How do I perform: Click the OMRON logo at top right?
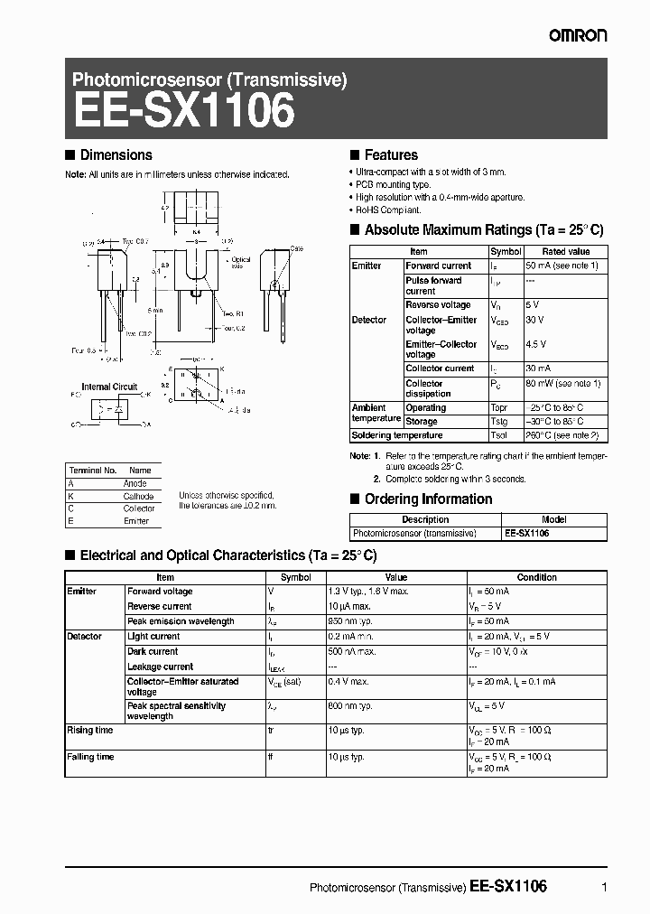pos(578,34)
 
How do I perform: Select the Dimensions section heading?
pos(116,155)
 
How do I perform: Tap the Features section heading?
pos(390,155)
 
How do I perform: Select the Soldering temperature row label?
pos(397,435)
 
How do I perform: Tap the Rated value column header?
pos(566,252)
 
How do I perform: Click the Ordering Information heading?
pos(428,499)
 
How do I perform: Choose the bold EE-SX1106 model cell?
pos(526,534)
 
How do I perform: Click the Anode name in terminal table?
pos(135,484)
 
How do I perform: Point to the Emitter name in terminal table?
pos(136,521)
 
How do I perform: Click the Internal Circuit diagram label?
pos(109,387)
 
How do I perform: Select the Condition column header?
pos(536,577)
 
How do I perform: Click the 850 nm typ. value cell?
pos(351,621)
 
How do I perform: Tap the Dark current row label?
pos(153,651)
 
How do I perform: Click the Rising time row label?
pos(90,730)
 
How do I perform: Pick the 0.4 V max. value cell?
pos(348,682)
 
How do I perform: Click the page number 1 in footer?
pos(603,888)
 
